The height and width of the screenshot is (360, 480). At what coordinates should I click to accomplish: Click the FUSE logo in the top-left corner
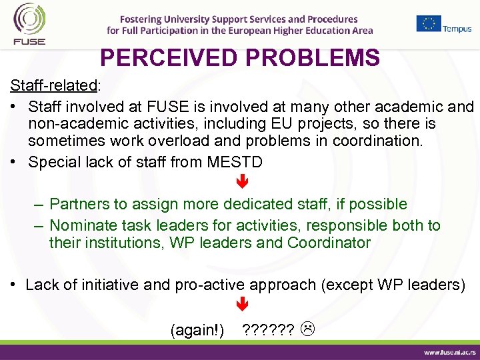29,24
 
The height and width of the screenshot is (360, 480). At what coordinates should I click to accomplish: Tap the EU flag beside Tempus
429,23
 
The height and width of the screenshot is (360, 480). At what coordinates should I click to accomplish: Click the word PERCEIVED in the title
169,59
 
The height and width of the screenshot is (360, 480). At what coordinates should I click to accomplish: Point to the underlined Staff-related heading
53,86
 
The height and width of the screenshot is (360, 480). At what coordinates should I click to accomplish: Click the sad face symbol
308,329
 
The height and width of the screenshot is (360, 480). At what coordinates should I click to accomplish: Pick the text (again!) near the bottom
197,329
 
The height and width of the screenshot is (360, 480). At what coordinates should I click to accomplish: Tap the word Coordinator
329,243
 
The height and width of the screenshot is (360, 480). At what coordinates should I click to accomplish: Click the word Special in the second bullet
55,162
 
